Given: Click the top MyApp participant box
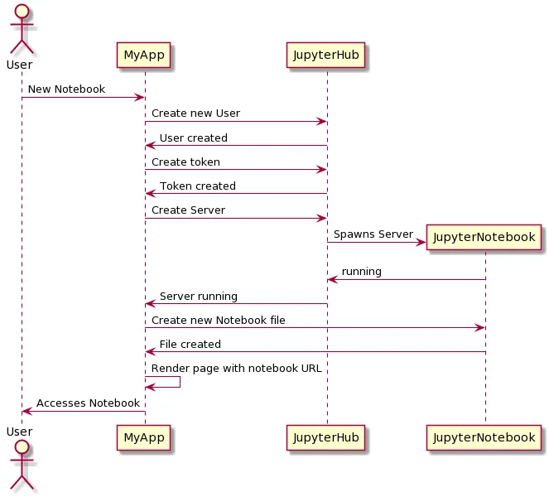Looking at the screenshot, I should pyautogui.click(x=145, y=55).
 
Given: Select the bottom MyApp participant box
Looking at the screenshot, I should pyautogui.click(x=145, y=437).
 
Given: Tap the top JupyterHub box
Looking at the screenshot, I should pyautogui.click(x=326, y=55).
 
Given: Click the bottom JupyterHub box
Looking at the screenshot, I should pyautogui.click(x=326, y=437).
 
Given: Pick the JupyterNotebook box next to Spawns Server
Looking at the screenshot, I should pyautogui.click(x=484, y=238).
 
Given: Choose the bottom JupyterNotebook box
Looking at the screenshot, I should pyautogui.click(x=484, y=437).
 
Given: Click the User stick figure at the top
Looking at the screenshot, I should pyautogui.click(x=20, y=29).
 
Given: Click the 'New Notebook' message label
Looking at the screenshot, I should pyautogui.click(x=66, y=89).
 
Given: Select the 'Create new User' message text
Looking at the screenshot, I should pyautogui.click(x=195, y=113).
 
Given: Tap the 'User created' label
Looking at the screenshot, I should pyautogui.click(x=193, y=138).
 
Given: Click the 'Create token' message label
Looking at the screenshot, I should pyautogui.click(x=185, y=162).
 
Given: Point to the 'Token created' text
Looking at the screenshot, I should pyautogui.click(x=197, y=186).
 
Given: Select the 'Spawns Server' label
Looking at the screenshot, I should pyautogui.click(x=373, y=234).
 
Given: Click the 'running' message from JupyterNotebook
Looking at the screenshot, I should pyautogui.click(x=361, y=272).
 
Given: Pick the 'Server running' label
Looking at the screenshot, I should pyautogui.click(x=198, y=296).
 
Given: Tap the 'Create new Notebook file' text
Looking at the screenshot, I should pyautogui.click(x=218, y=320).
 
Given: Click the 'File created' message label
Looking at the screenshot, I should pyautogui.click(x=190, y=344).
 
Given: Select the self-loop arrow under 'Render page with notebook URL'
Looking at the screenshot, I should pyautogui.click(x=170, y=382).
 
